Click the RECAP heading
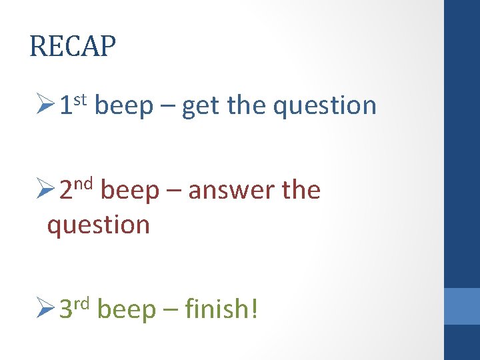coord(73,47)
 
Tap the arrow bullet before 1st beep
coord(47,105)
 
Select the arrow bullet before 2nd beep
coord(47,191)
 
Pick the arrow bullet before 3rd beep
coord(47,309)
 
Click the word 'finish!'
coord(221,309)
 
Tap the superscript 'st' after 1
coord(81,99)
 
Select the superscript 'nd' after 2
coord(83,185)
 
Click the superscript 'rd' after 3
coord(82,303)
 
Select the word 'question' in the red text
coord(98,226)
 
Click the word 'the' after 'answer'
coord(301,191)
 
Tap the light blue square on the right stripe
coord(462,306)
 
